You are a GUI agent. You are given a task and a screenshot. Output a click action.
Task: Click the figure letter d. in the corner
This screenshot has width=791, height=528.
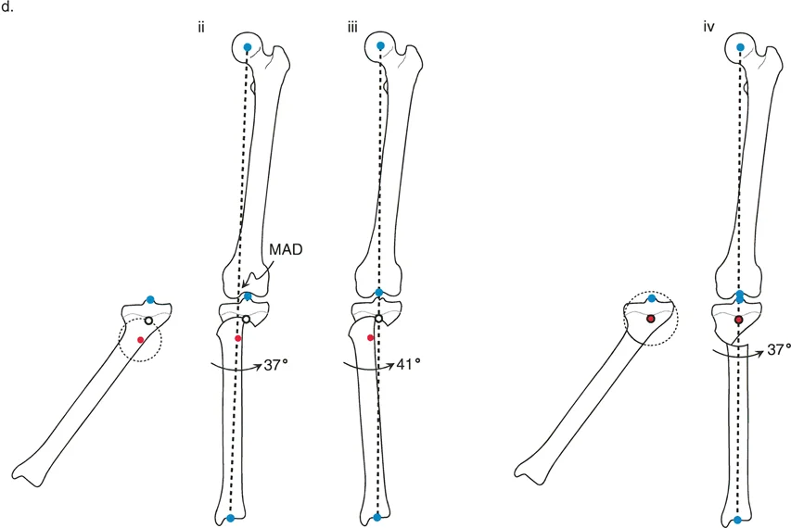point(10,10)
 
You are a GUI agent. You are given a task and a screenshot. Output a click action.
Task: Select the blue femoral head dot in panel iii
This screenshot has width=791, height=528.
point(380,45)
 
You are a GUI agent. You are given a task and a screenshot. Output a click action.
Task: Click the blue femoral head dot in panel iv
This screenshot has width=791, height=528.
point(739,46)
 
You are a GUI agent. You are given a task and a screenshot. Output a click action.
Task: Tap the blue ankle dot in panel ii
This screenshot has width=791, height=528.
point(230,519)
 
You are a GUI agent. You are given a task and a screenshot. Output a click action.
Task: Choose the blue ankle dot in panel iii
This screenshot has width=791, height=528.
point(376,518)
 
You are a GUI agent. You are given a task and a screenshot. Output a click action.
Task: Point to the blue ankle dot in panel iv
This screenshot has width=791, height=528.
point(737,520)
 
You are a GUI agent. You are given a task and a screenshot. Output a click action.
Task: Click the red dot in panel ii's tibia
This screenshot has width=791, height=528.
point(237,338)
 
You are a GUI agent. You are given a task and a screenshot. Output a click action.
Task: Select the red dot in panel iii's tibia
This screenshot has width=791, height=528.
point(370,338)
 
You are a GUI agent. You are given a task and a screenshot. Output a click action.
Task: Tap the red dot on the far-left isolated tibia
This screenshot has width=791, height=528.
point(141,340)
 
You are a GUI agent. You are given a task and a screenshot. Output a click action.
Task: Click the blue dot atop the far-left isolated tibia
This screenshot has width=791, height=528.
point(150,300)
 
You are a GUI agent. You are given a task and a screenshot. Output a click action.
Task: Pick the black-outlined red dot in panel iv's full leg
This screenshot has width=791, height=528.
point(738,320)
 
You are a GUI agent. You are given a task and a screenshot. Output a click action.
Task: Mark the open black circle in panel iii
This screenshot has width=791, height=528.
point(379,320)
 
